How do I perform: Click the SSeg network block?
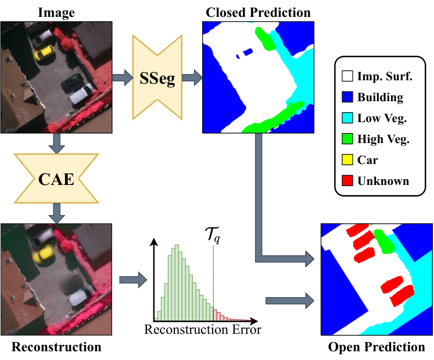coord(157,77)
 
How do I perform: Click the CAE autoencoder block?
coord(56,179)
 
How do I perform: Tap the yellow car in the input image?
coord(44,52)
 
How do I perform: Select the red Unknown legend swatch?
coord(347,181)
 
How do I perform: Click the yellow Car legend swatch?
coord(347,159)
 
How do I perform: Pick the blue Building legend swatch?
coord(347,97)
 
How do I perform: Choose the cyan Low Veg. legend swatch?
coord(347,118)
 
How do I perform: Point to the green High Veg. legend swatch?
coord(347,139)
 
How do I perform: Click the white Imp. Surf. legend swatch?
coord(347,76)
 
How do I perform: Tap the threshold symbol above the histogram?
coord(213,235)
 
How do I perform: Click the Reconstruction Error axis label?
coord(203,330)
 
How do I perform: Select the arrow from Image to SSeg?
coord(123,77)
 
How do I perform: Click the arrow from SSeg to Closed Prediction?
coord(192,77)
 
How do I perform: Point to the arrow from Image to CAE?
coord(56,143)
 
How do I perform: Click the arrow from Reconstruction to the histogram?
coord(133,280)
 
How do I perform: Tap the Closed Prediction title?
coord(258,12)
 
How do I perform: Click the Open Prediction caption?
coord(376,347)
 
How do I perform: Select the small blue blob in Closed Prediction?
coord(246,53)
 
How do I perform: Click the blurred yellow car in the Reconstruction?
coord(43,255)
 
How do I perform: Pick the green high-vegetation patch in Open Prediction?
coord(384,241)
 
